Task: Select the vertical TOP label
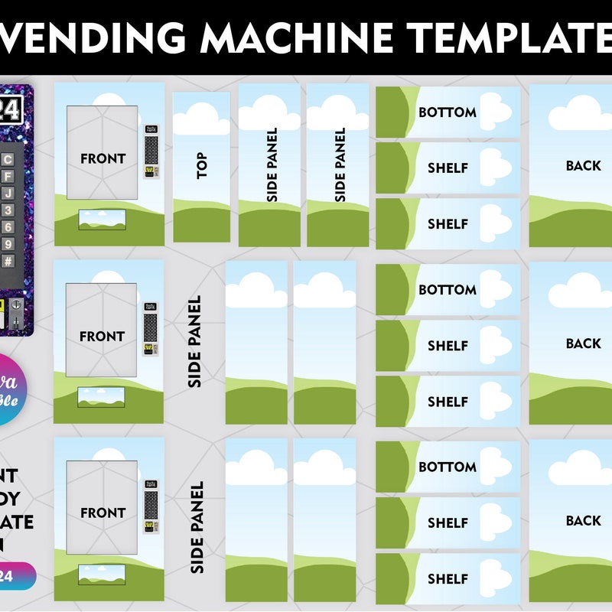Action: coord(202,165)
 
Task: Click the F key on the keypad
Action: coord(8,176)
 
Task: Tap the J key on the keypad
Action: coord(8,193)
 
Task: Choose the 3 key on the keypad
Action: coord(8,210)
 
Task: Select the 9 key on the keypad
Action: coord(8,244)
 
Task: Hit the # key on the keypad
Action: coord(8,261)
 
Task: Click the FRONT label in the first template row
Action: coord(103,158)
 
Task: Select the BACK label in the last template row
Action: coord(583,520)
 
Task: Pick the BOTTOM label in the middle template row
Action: coord(448,290)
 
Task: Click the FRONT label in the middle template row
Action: coord(102,336)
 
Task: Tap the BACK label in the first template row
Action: coord(583,165)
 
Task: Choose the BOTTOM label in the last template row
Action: coord(448,467)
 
